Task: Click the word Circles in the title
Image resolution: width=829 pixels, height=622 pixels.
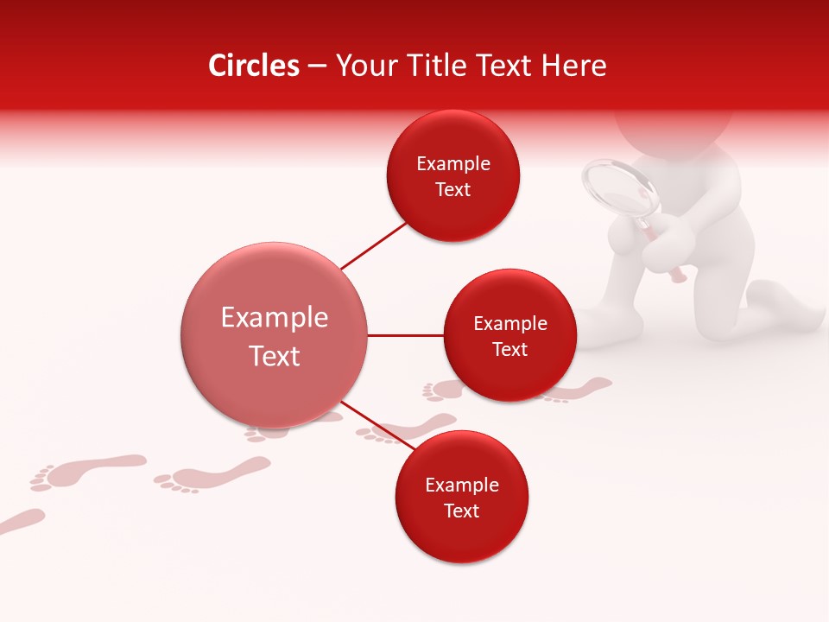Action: click(x=254, y=66)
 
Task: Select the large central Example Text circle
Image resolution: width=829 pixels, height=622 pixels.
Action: click(x=275, y=335)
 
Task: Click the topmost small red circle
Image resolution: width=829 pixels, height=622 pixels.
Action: click(x=453, y=175)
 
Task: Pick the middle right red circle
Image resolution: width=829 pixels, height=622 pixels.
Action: click(x=509, y=335)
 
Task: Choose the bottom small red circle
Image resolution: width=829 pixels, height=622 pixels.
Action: click(x=461, y=497)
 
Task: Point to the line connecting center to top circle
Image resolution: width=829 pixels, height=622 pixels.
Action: click(x=375, y=245)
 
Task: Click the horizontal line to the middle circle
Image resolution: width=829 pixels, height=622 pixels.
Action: click(x=406, y=335)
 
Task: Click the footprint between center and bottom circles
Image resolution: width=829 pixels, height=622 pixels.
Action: click(x=406, y=428)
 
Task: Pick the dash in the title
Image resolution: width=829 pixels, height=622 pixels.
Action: click(x=317, y=66)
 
